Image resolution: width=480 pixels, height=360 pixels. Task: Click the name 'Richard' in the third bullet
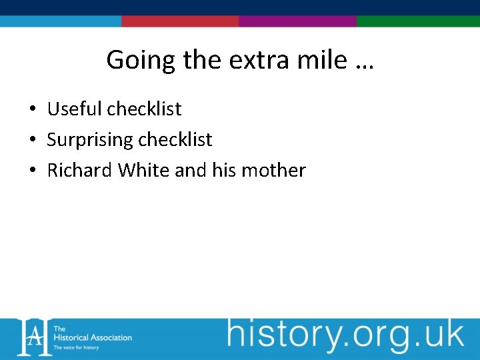pos(80,170)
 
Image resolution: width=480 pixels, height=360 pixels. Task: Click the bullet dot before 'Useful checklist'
pos(32,109)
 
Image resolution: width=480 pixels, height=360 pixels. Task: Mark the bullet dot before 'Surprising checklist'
pos(32,140)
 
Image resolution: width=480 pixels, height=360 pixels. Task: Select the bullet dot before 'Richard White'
pos(32,171)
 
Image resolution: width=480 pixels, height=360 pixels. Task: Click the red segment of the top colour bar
pos(180,21)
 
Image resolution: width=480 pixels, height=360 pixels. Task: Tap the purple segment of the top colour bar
pos(297,21)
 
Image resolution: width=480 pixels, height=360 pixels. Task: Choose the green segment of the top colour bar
pos(418,21)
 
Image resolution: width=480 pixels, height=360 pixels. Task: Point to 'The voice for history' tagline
pos(76,347)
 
